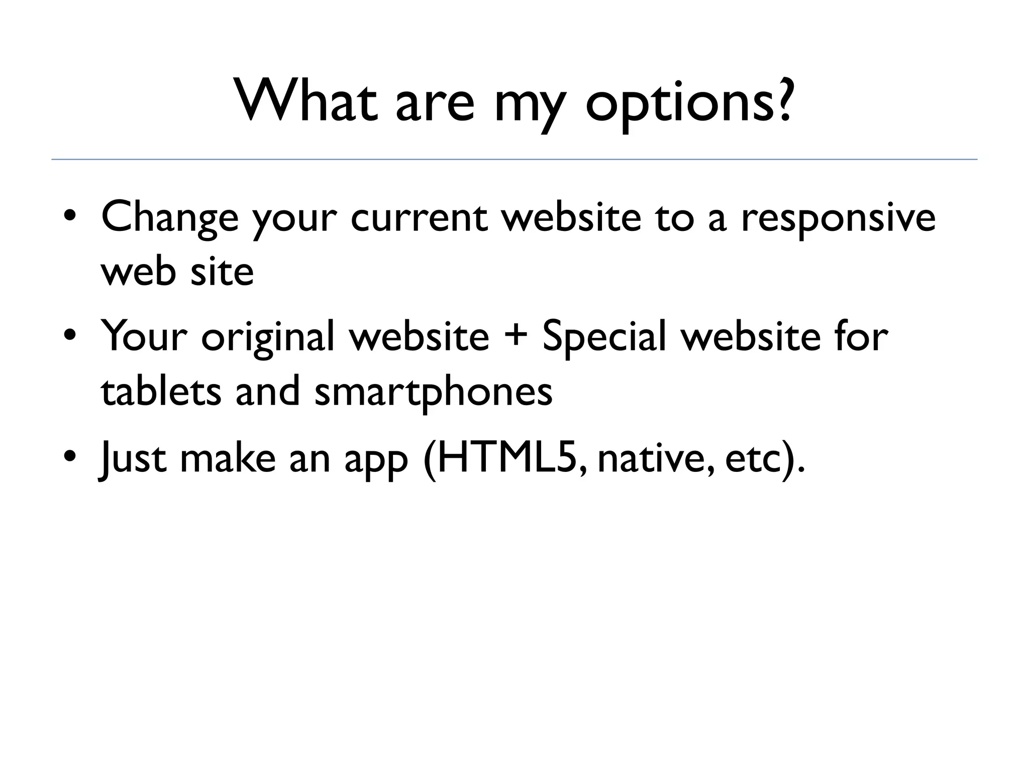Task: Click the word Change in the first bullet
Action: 170,218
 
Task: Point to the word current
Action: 419,218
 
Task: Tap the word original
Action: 267,337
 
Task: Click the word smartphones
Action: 433,393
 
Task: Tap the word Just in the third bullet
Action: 132,458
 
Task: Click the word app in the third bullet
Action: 376,460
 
